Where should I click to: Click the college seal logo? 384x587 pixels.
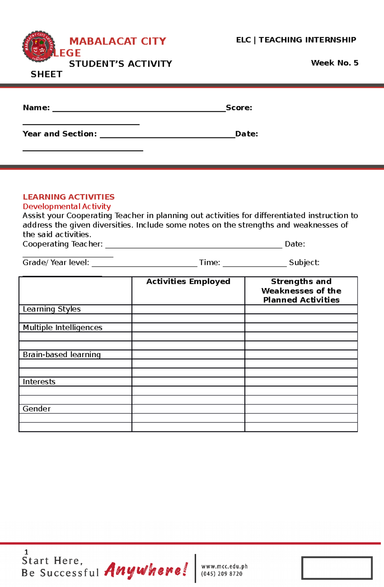pos(38,47)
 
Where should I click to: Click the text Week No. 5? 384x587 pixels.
pos(334,63)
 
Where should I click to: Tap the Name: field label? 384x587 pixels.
pos(36,107)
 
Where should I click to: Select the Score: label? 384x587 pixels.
pos(239,107)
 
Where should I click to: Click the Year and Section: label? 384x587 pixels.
pos(60,134)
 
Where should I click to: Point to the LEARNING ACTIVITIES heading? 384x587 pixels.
pos(68,197)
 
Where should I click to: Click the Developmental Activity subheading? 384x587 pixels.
pos(67,206)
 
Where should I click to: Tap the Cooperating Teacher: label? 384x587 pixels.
pos(62,244)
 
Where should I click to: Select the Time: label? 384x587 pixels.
pos(209,263)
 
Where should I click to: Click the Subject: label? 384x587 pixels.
pos(304,263)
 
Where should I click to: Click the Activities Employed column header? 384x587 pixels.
pos(188,282)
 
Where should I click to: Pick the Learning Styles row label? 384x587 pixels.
pos(52,309)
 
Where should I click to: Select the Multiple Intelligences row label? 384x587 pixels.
pos(62,327)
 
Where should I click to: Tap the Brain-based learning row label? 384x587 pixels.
pos(61,354)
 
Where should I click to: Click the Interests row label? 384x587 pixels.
pos(39,382)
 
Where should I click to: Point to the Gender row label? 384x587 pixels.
pos(36,409)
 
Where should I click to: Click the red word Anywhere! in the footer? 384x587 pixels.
pos(146,570)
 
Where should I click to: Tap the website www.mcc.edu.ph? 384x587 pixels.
pos(224,567)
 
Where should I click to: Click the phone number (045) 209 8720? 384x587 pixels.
pos(221,574)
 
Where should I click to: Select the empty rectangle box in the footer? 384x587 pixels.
pos(337,568)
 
